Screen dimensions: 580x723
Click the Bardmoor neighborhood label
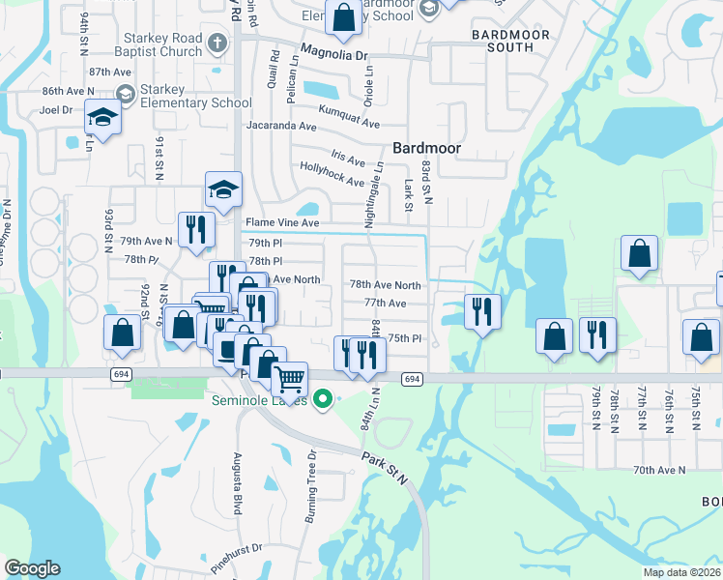[x=425, y=148]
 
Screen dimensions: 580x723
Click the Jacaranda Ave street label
[x=281, y=127]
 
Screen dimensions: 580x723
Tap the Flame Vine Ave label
[x=282, y=223]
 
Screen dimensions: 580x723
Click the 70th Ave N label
[x=659, y=470]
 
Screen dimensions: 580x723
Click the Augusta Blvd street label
[x=236, y=483]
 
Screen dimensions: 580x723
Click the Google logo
[x=32, y=568]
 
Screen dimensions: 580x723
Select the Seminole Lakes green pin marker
[x=325, y=397]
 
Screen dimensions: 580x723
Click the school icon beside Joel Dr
[x=101, y=117]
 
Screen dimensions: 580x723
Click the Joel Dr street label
[x=56, y=110]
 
